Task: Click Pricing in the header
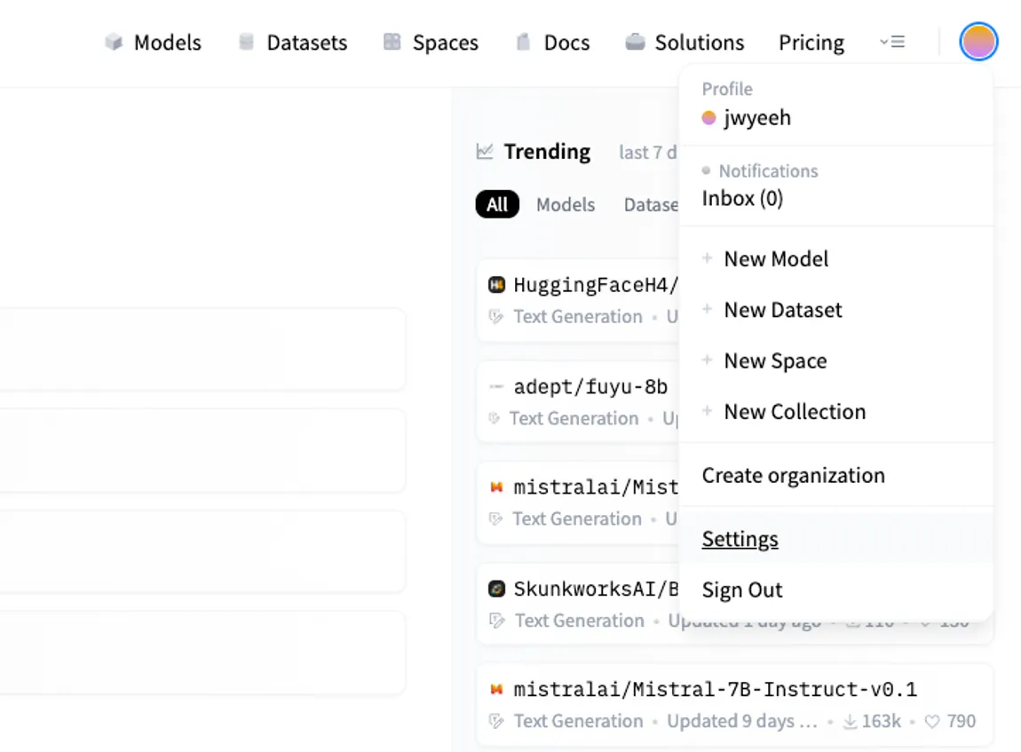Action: pyautogui.click(x=811, y=43)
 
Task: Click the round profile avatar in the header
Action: pyautogui.click(x=978, y=42)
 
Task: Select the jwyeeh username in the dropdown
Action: pyautogui.click(x=756, y=117)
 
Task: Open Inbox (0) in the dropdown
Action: pyautogui.click(x=742, y=198)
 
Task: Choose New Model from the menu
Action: pyautogui.click(x=776, y=258)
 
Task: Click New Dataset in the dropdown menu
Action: pyautogui.click(x=783, y=310)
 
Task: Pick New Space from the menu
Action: pyautogui.click(x=775, y=360)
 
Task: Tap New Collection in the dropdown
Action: pyautogui.click(x=795, y=411)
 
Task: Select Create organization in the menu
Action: pyautogui.click(x=793, y=475)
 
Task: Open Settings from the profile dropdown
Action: pyautogui.click(x=740, y=539)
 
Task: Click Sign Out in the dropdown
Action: pyautogui.click(x=742, y=590)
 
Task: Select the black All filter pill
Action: pyautogui.click(x=497, y=204)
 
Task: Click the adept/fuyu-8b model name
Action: pyautogui.click(x=590, y=386)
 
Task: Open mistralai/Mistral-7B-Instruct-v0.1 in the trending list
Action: pyautogui.click(x=715, y=689)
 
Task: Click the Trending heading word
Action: pyautogui.click(x=547, y=152)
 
